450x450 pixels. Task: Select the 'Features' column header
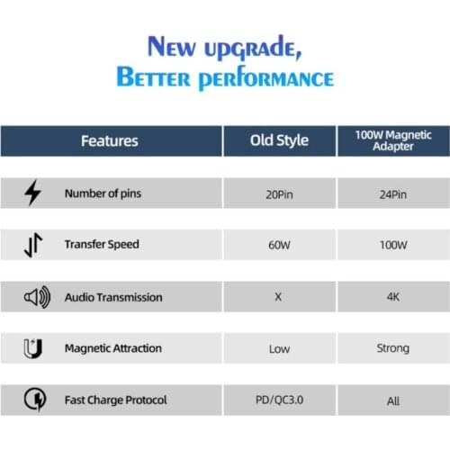click(110, 140)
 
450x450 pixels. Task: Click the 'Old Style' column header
click(279, 140)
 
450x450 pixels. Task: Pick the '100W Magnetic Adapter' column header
click(392, 140)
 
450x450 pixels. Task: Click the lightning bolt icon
click(33, 193)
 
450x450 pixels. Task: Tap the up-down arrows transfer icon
click(33, 245)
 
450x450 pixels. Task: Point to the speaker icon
click(33, 297)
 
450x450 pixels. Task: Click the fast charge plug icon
click(33, 400)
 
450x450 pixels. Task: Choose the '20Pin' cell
click(279, 193)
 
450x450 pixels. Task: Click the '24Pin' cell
click(392, 193)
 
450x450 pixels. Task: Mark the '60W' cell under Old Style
click(279, 245)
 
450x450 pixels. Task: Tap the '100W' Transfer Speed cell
click(392, 245)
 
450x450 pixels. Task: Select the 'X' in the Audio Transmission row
click(279, 297)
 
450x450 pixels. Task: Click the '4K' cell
click(392, 297)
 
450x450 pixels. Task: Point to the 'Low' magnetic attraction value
click(279, 348)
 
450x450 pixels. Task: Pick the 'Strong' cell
click(392, 348)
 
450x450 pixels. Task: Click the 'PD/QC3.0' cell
click(279, 400)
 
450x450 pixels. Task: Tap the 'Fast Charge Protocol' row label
click(116, 400)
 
